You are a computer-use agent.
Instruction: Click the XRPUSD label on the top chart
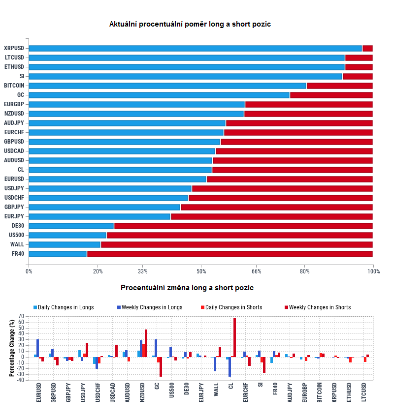click(x=13, y=48)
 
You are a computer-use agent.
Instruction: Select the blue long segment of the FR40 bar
click(x=58, y=254)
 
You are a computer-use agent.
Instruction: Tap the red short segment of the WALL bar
click(x=236, y=244)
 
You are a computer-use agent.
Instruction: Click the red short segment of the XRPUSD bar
click(x=367, y=48)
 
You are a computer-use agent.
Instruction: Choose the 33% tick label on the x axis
click(x=142, y=271)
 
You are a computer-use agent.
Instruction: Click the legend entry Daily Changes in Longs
click(x=64, y=307)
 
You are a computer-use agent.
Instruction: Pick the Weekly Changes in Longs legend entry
click(x=150, y=307)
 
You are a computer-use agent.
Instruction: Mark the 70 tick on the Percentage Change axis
click(x=21, y=316)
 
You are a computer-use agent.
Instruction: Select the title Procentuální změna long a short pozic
click(x=187, y=288)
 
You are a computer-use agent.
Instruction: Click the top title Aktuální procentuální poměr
click(x=190, y=24)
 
